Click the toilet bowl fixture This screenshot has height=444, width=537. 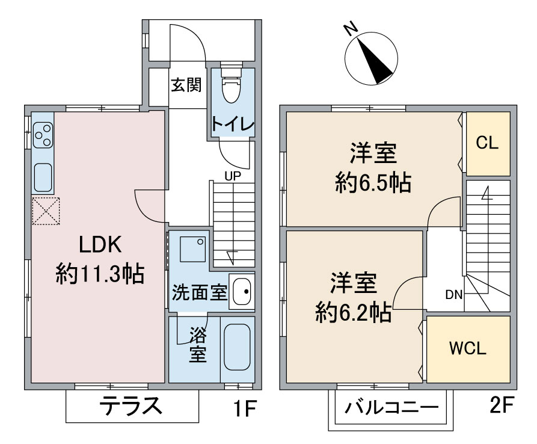click(x=232, y=84)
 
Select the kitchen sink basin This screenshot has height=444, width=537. click(x=43, y=177)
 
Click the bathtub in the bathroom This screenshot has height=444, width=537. click(x=237, y=347)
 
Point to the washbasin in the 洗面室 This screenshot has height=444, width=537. click(x=242, y=292)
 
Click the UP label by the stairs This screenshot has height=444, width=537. click(x=233, y=176)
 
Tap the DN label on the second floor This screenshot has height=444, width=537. click(x=454, y=294)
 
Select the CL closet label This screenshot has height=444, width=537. click(x=487, y=142)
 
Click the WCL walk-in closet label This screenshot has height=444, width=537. click(x=468, y=348)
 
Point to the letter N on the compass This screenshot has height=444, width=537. click(x=351, y=29)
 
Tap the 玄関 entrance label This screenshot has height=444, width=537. click(x=186, y=85)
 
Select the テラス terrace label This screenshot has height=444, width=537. click(x=131, y=405)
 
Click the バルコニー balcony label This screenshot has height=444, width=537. click(x=391, y=408)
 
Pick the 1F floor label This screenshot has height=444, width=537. click(x=245, y=408)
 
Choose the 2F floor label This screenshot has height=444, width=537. click(x=502, y=405)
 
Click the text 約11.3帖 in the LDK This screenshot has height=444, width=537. click(x=100, y=273)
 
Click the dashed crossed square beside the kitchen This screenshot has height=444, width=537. click(x=46, y=211)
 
